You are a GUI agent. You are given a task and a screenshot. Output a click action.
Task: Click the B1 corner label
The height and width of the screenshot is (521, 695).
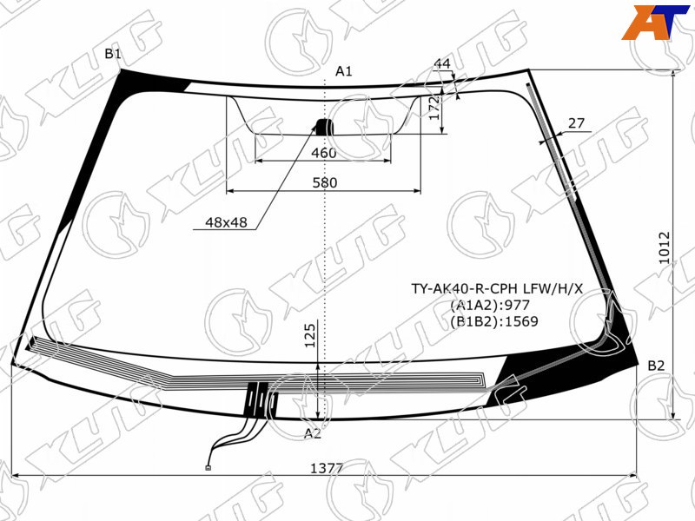[113, 54]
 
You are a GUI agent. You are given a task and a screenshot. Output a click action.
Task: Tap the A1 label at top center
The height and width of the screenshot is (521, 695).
[343, 71]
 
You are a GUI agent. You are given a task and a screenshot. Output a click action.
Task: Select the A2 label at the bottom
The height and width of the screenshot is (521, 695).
[313, 433]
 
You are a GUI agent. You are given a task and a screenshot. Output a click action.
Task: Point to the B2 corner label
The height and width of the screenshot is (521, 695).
[657, 366]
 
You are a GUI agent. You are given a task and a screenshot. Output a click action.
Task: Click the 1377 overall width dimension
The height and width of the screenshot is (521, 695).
[327, 468]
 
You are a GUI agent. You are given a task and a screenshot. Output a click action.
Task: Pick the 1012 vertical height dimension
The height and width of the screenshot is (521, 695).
[665, 247]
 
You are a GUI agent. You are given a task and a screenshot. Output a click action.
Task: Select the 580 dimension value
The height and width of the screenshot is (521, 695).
[325, 182]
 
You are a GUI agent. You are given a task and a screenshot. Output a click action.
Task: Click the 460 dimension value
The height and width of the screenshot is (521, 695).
[324, 154]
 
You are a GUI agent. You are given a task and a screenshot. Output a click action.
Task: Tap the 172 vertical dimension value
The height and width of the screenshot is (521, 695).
[435, 108]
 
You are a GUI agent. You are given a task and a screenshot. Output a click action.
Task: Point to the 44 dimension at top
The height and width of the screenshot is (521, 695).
[442, 63]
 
